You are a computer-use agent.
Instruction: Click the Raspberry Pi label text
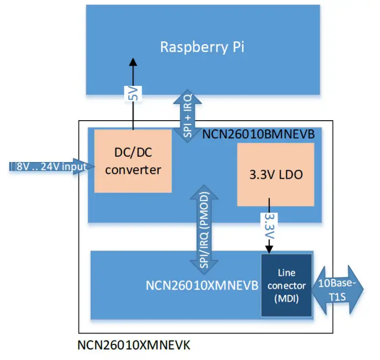tap(202, 47)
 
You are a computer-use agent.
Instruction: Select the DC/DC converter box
tap(133, 160)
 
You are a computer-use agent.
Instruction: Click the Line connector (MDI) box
tap(287, 285)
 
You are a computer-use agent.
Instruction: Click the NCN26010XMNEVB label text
tap(201, 285)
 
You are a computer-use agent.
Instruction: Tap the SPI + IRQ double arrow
tap(188, 115)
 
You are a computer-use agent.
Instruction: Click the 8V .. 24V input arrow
tap(48, 167)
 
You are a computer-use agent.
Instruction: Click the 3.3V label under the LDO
tap(269, 225)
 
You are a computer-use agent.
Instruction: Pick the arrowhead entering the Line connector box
tap(269, 249)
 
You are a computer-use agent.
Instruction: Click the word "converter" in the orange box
tap(134, 170)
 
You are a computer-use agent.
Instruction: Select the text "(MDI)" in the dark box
tap(287, 298)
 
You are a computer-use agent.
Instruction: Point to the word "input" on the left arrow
tap(74, 167)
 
